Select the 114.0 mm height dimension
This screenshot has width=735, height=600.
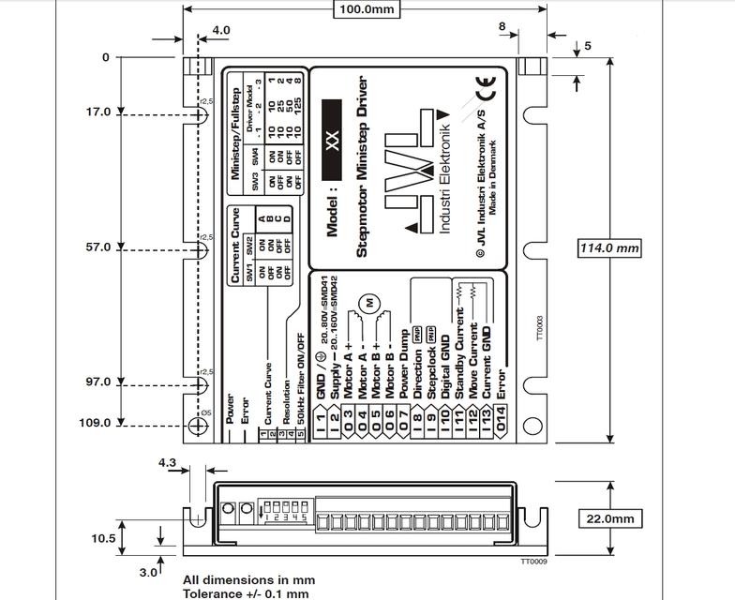[609, 248]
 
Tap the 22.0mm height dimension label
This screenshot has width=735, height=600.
[609, 518]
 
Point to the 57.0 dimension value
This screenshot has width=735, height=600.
[98, 247]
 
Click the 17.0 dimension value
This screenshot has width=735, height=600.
[98, 112]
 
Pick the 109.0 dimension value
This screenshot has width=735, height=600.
[95, 423]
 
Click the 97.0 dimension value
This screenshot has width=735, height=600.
[98, 382]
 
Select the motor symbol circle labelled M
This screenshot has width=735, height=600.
[369, 303]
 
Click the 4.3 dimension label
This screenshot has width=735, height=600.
[168, 463]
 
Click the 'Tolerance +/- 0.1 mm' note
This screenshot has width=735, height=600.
[246, 592]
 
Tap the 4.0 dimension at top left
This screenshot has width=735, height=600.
[220, 30]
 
